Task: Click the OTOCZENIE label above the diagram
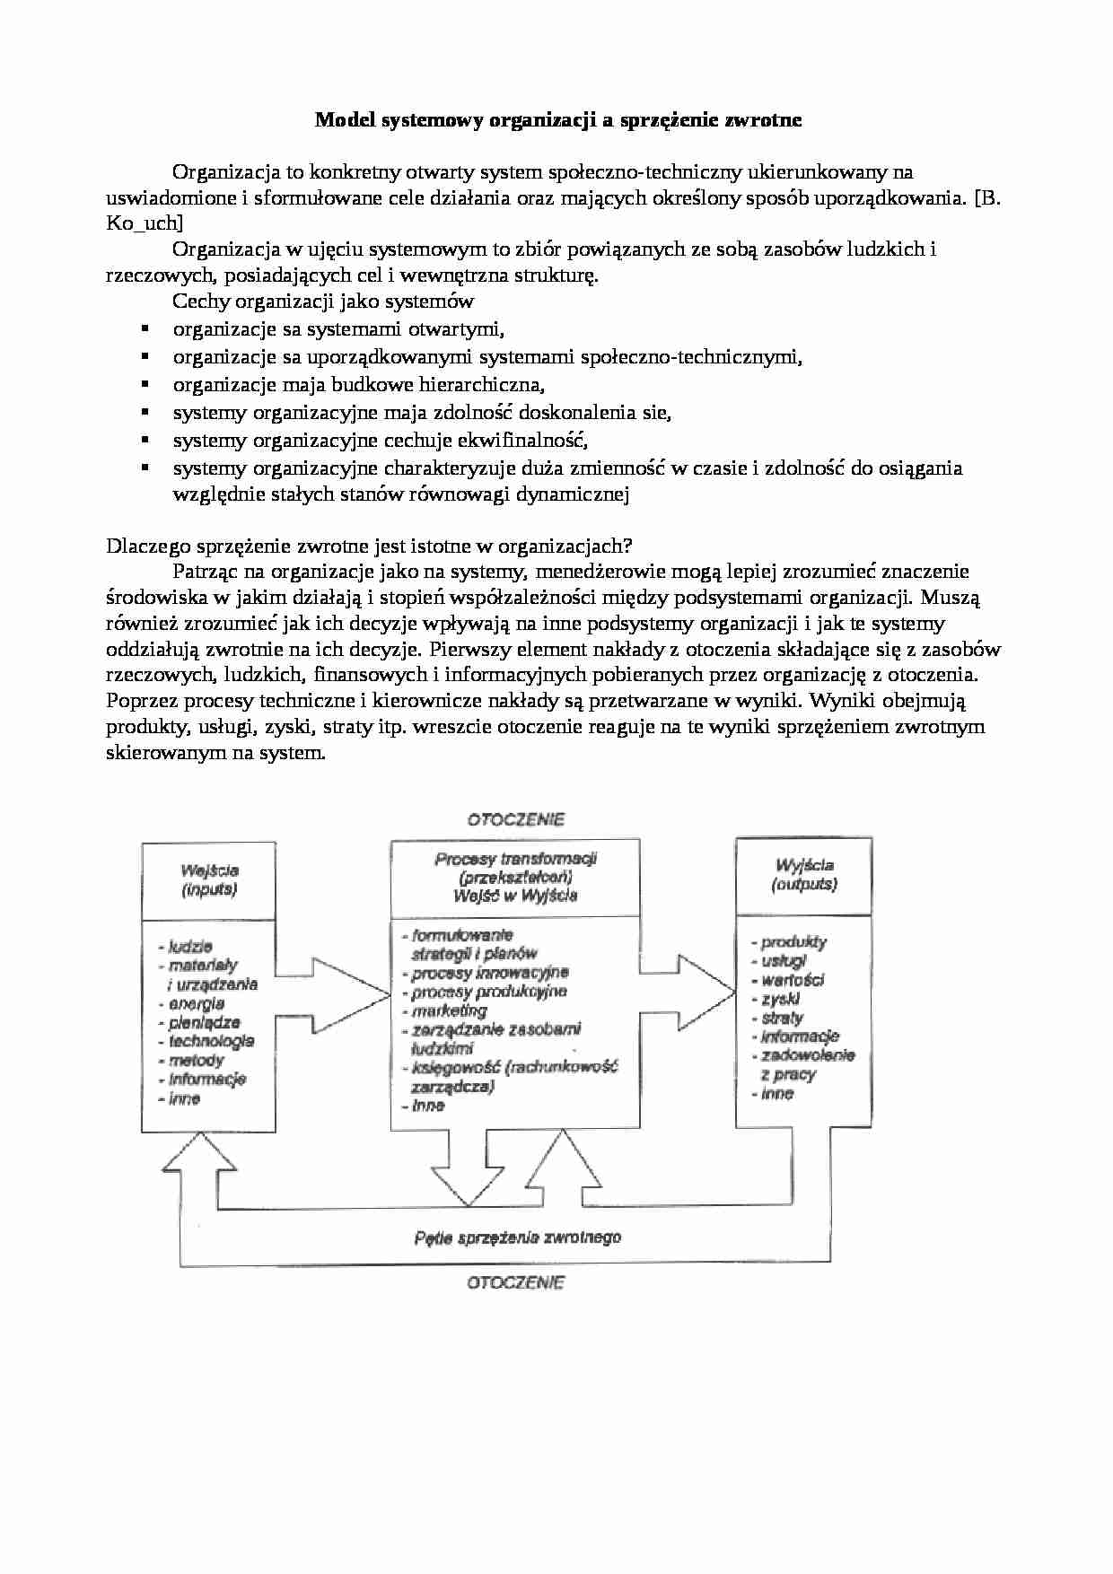coord(515,818)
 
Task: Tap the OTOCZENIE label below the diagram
coord(515,1282)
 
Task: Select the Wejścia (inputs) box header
coord(209,880)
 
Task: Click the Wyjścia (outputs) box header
coord(803,875)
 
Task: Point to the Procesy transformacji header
coord(515,877)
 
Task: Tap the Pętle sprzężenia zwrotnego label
coord(518,1238)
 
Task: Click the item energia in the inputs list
coord(196,1003)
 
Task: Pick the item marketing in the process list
coord(449,1010)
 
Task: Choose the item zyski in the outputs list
coord(780,999)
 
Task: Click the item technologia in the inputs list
coord(211,1041)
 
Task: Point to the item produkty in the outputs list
coord(793,942)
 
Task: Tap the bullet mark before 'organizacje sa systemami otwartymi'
coord(144,329)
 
